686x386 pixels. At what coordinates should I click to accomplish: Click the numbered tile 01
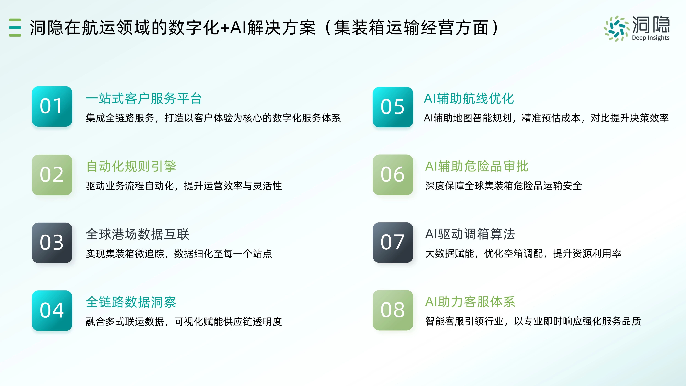[x=52, y=106]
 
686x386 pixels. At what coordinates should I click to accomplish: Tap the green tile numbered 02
[x=52, y=175]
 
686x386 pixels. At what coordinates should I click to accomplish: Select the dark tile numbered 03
[x=52, y=243]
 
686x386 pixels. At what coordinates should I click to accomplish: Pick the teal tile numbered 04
[x=52, y=311]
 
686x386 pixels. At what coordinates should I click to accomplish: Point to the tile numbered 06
[x=393, y=175]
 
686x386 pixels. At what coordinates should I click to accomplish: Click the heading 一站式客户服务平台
[x=144, y=99]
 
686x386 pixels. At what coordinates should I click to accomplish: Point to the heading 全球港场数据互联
[x=137, y=234]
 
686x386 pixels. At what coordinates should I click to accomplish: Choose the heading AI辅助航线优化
[x=469, y=99]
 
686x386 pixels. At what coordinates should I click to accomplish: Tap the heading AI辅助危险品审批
[x=477, y=166]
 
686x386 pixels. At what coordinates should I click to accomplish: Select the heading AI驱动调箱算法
[x=470, y=234]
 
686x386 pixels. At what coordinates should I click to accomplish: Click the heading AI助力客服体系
[x=470, y=302]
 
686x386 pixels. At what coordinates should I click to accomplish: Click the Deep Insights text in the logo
[x=651, y=38]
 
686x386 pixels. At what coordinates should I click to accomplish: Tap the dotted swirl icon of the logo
[x=616, y=29]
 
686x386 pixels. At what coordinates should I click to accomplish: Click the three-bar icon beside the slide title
[x=15, y=27]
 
